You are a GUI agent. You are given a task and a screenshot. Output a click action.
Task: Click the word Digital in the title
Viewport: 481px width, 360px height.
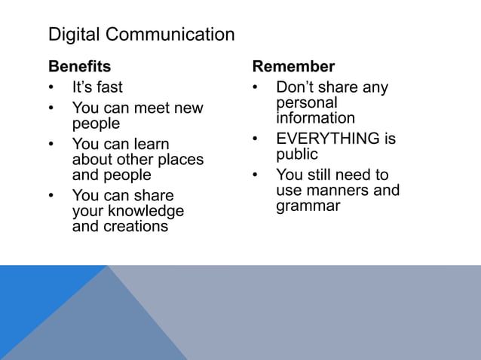(74, 35)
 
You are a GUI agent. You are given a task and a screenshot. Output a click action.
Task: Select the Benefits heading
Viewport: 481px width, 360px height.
(79, 66)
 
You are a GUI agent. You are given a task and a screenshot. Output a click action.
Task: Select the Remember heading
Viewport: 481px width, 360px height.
(293, 66)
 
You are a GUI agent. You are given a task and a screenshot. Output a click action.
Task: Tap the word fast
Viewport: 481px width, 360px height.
(108, 87)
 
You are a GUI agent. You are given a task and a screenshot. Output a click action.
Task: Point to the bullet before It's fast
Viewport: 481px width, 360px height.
(52, 87)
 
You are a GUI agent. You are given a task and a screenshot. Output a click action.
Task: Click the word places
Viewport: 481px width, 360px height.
(178, 160)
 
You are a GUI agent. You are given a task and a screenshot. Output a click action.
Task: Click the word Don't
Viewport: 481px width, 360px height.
(296, 87)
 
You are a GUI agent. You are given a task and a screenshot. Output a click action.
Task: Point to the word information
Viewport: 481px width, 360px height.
(315, 118)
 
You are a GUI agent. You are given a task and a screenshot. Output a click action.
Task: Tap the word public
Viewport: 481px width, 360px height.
(297, 154)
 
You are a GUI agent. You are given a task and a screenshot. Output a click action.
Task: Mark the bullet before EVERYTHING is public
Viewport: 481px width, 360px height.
(256, 139)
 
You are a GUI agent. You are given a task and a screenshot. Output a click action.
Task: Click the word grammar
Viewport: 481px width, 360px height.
(308, 206)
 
